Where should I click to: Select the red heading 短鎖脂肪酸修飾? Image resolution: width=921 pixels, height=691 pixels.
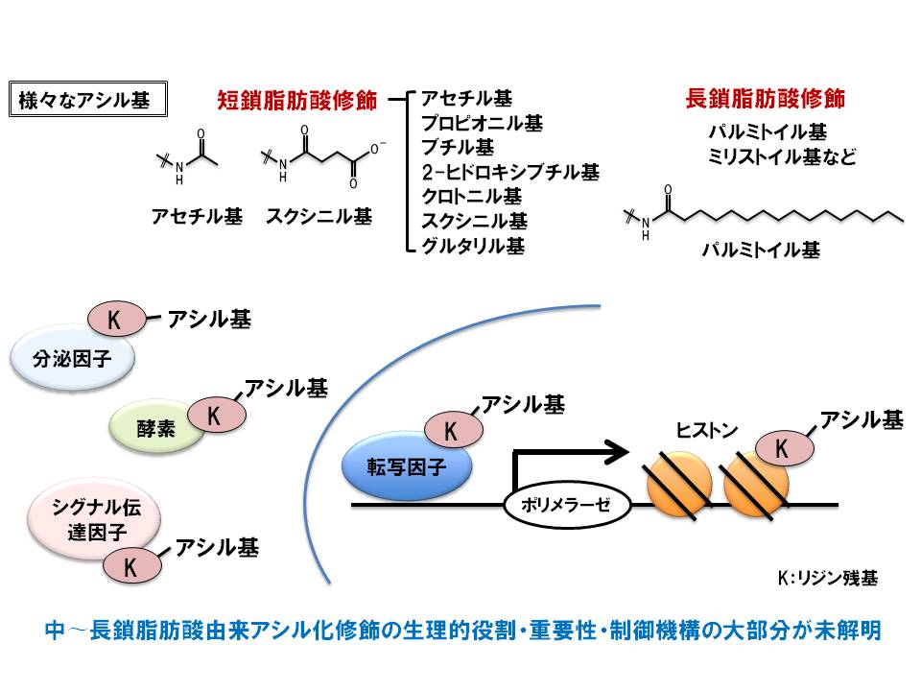pyautogui.click(x=298, y=99)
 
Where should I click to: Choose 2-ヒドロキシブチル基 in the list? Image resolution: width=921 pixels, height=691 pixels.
pyautogui.click(x=510, y=173)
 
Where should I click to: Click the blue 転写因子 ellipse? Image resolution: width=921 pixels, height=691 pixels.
pyautogui.click(x=407, y=466)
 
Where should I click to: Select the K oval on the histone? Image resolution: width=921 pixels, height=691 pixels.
pyautogui.click(x=781, y=447)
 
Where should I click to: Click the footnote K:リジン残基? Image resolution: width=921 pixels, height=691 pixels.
pyautogui.click(x=827, y=579)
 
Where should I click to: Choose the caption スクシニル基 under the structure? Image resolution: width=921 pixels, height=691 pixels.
pyautogui.click(x=319, y=215)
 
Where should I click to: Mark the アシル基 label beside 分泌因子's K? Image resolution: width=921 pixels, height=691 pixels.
pyautogui.click(x=209, y=320)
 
